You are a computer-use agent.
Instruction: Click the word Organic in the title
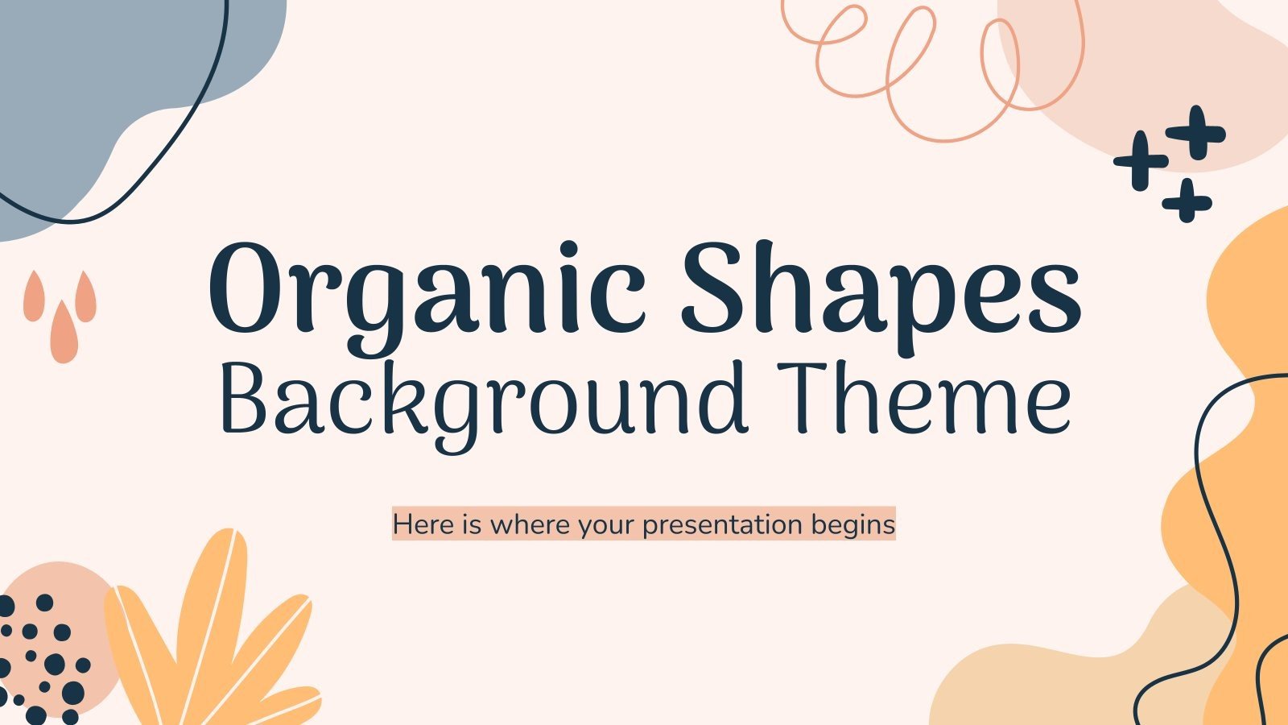click(x=427, y=290)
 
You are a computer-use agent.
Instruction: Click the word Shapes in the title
click(x=881, y=290)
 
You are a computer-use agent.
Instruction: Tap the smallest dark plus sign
click(x=1187, y=201)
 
